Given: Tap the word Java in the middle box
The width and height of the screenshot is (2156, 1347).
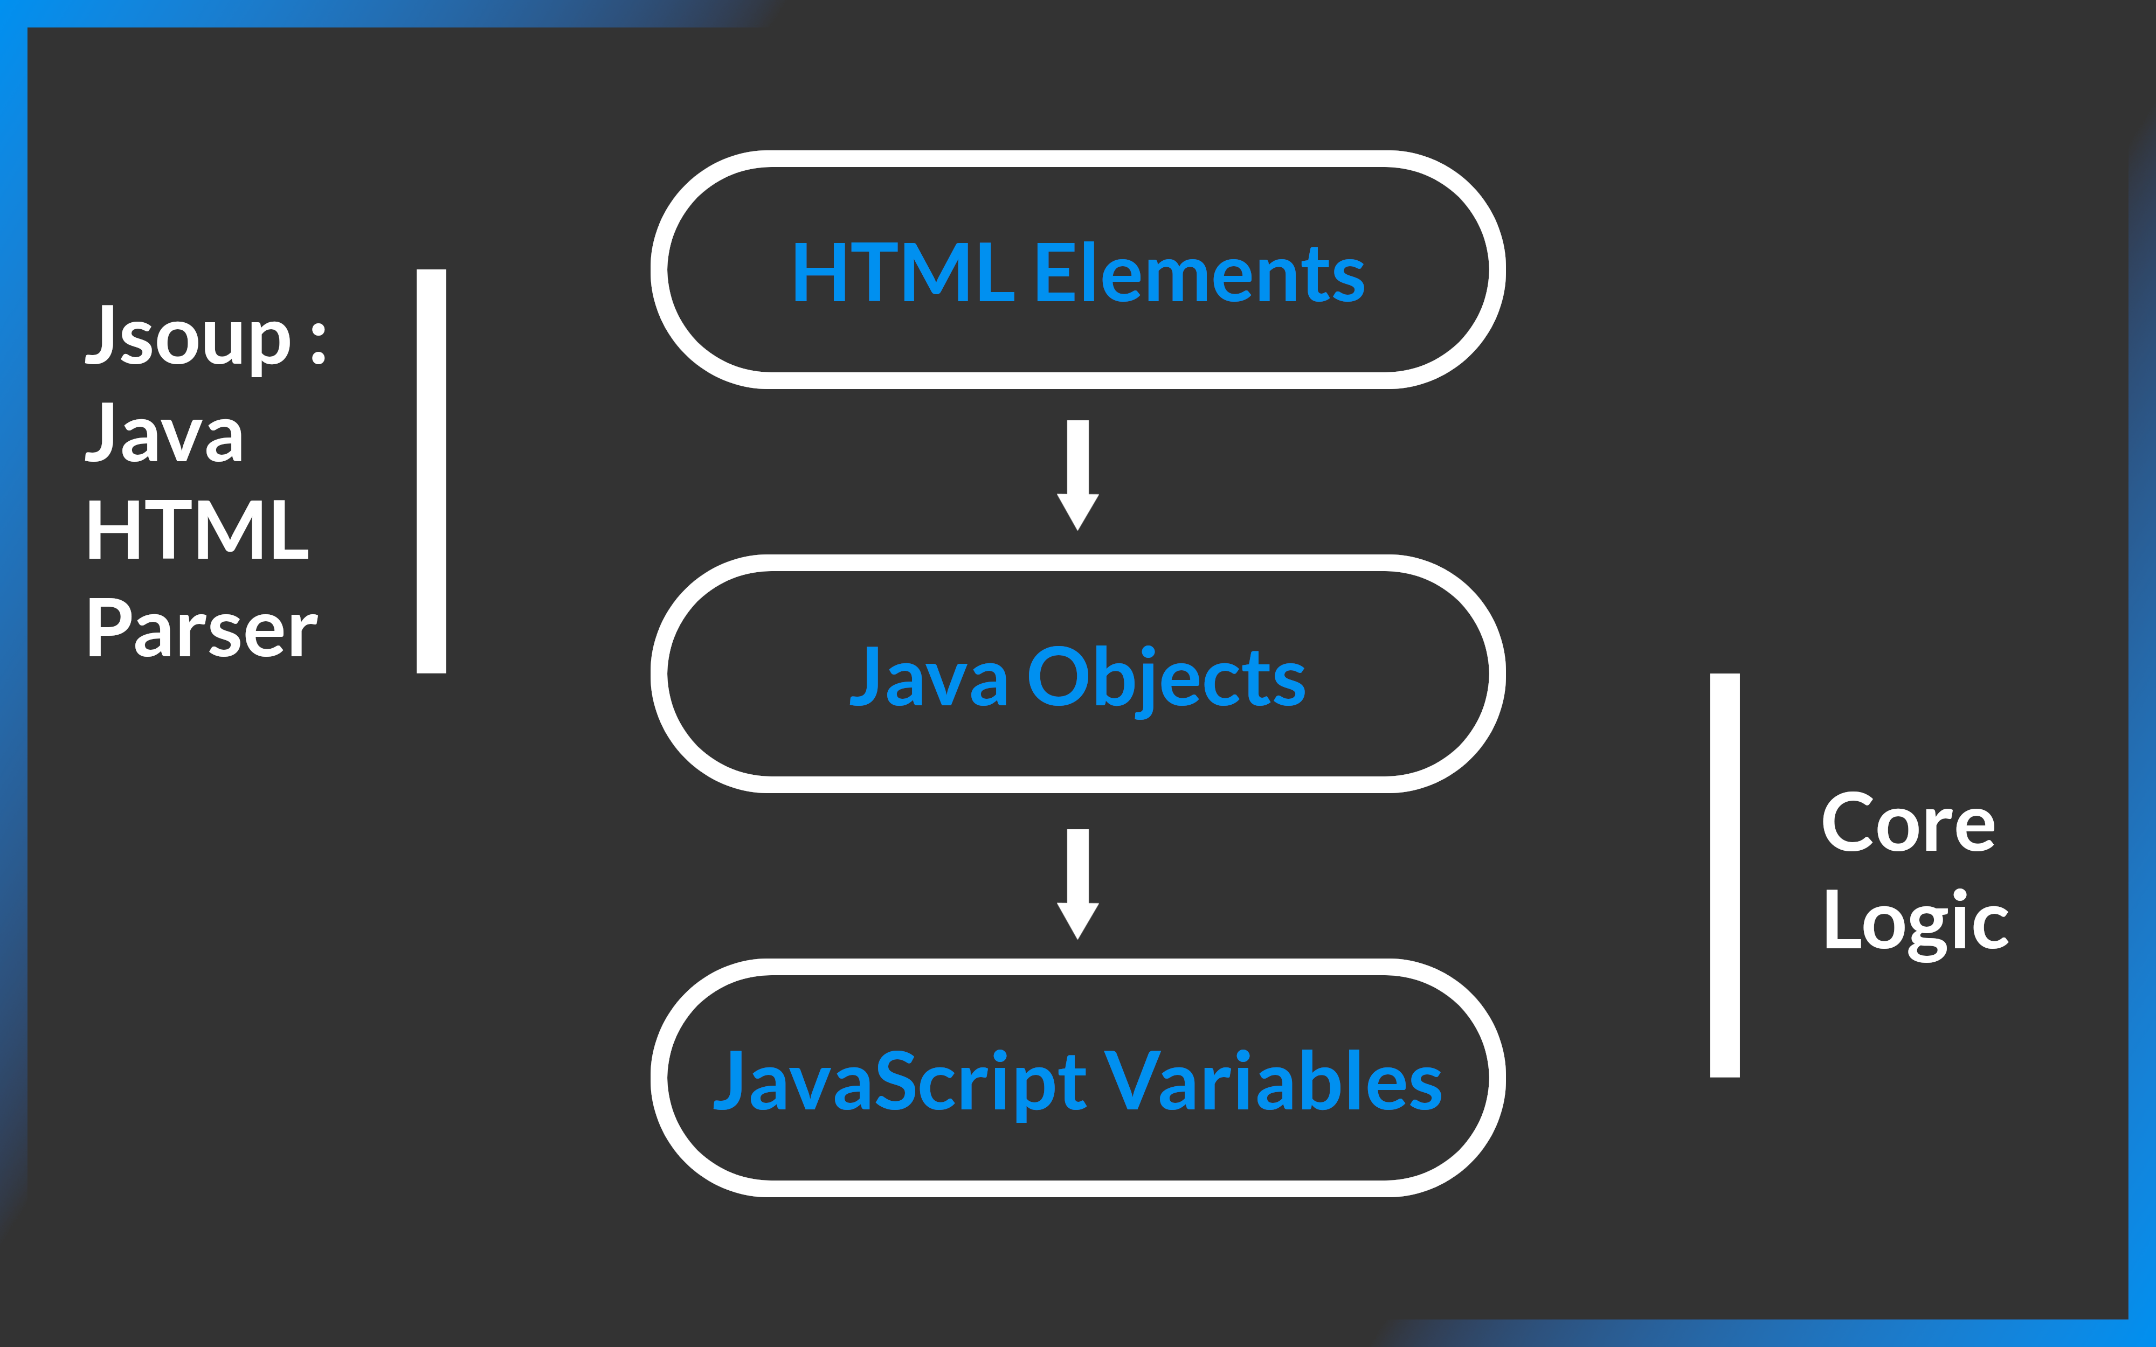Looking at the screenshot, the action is click(928, 677).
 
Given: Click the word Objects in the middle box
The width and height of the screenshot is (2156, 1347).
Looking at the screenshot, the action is click(1166, 679).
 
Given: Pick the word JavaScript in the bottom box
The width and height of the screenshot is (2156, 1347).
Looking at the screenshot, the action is click(900, 1081).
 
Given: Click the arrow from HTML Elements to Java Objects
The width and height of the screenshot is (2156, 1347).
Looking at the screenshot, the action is click(1078, 474).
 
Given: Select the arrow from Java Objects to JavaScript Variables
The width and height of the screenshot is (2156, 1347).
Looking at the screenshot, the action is click(1078, 883).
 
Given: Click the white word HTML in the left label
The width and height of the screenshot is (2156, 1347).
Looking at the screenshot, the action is click(197, 530).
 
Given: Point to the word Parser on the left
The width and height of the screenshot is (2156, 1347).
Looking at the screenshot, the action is click(202, 628).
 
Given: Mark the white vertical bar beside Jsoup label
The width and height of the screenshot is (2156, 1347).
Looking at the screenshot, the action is click(431, 471).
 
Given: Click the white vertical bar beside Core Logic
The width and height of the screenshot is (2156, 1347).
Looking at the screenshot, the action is click(1725, 876).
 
